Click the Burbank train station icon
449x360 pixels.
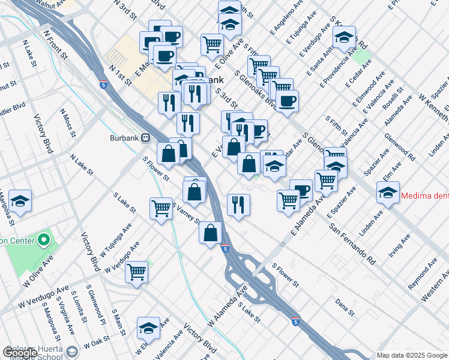click(145, 137)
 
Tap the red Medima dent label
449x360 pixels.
click(424, 195)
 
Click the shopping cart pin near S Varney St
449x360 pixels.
click(161, 209)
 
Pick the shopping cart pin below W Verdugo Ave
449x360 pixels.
click(137, 272)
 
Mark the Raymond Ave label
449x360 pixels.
click(422, 276)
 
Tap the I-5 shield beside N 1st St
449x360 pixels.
click(105, 86)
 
